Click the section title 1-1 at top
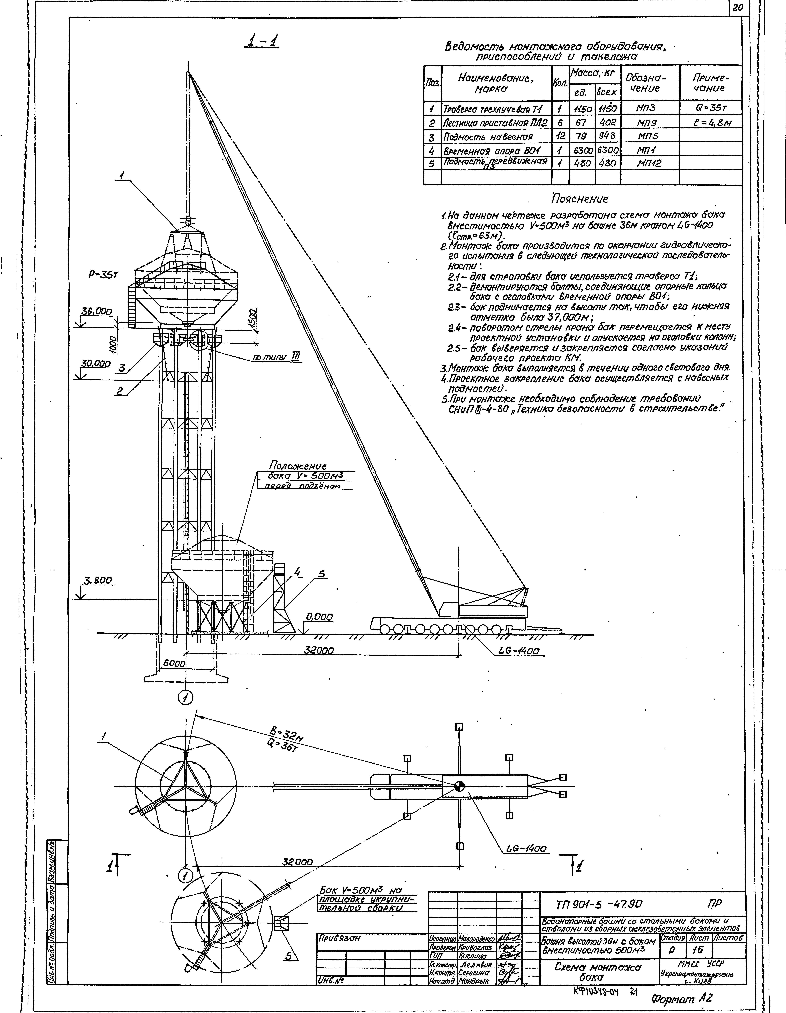(x=263, y=42)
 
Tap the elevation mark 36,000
(x=96, y=312)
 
